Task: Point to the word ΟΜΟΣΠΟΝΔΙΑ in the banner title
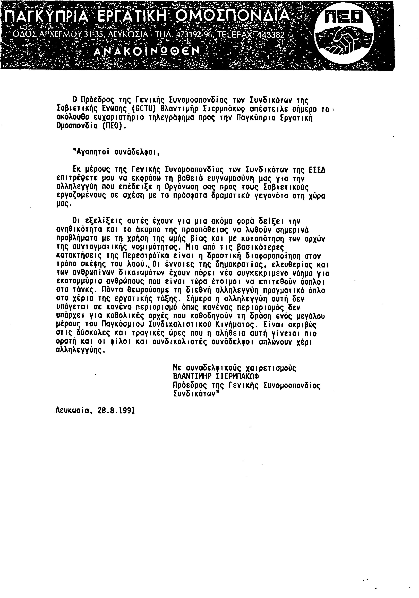point(232,16)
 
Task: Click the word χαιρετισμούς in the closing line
point(271,368)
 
